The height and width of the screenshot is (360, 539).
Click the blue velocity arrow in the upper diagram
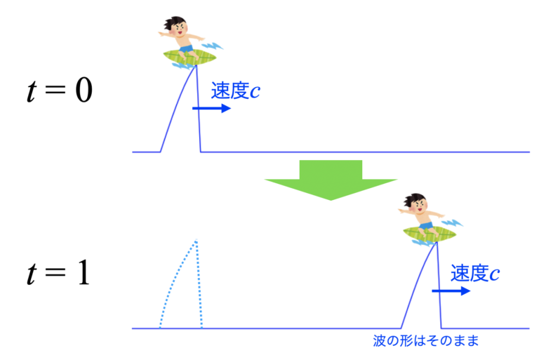click(211, 109)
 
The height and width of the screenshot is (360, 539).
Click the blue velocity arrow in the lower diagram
click(451, 290)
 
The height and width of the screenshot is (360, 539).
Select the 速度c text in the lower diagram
click(475, 272)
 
